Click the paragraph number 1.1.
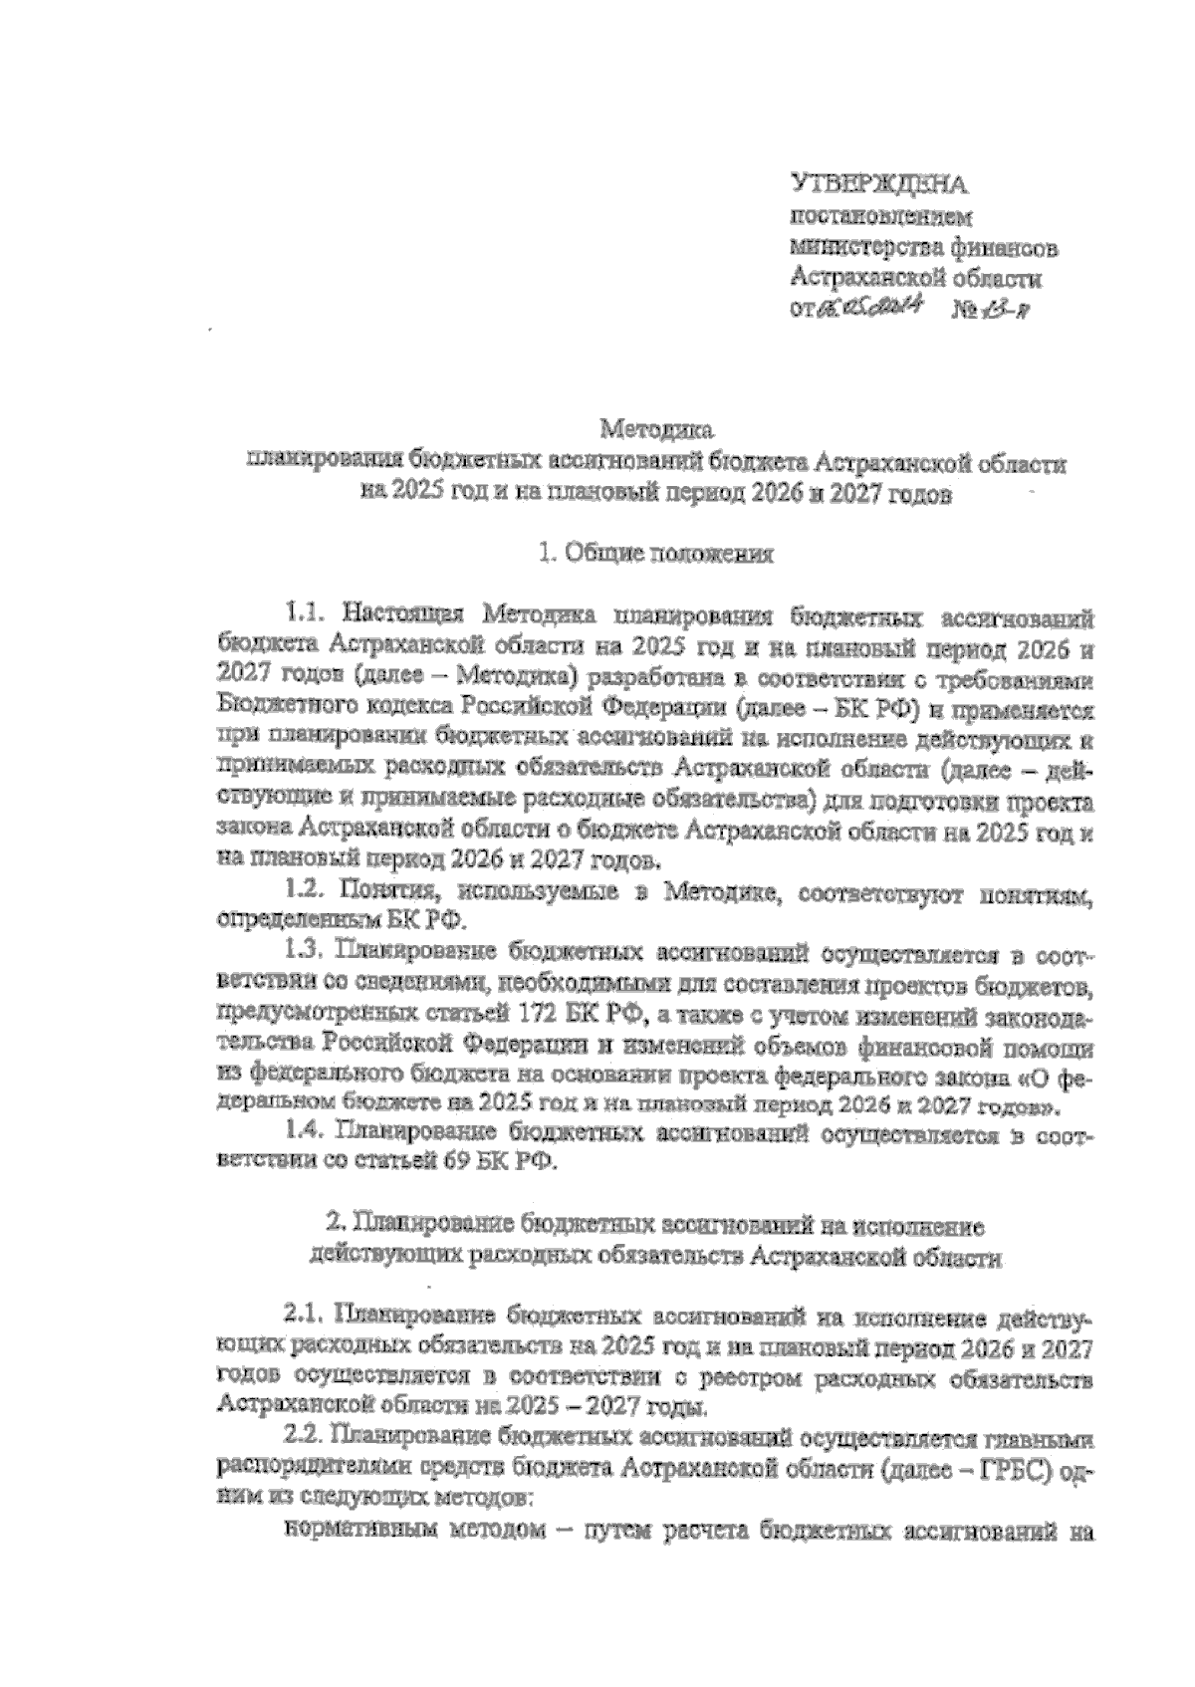pyautogui.click(x=305, y=610)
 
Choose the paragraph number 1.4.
pyautogui.click(x=305, y=1130)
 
